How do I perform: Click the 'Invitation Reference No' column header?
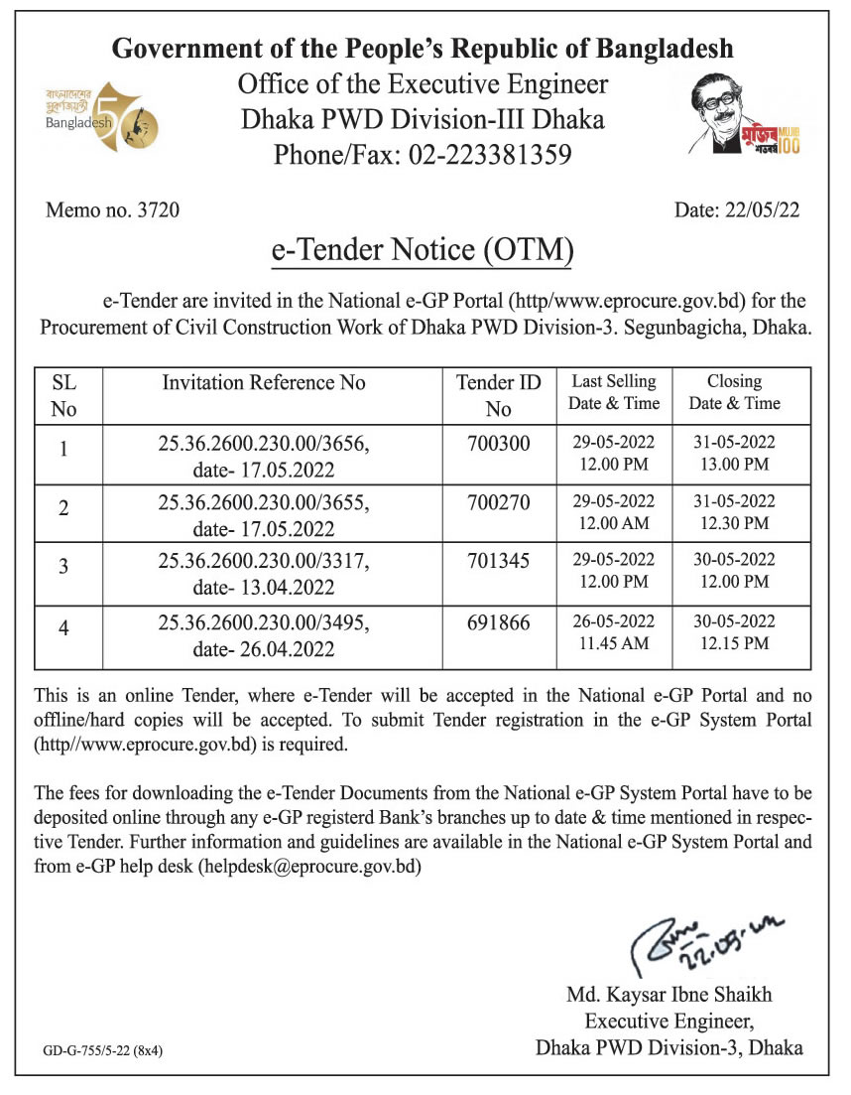pos(264,383)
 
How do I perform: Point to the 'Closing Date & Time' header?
pos(734,392)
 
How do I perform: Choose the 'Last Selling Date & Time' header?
pos(614,392)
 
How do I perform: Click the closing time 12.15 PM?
pos(734,643)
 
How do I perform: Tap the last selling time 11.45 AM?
pos(614,643)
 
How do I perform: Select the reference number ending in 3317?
pos(264,562)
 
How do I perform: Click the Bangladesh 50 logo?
pos(87,117)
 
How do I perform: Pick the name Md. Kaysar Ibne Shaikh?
pos(669,995)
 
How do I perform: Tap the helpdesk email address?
pos(310,866)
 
